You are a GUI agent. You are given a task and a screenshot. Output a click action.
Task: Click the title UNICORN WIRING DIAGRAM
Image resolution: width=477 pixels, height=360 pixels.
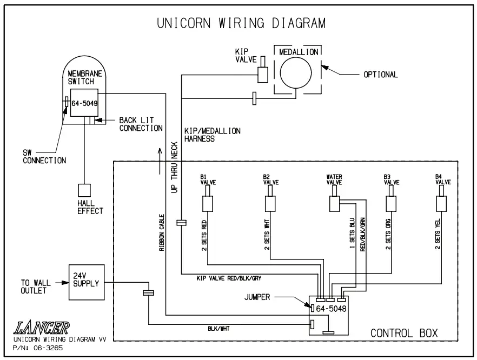(241, 23)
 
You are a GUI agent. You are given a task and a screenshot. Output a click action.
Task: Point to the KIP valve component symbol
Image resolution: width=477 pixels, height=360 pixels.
(263, 75)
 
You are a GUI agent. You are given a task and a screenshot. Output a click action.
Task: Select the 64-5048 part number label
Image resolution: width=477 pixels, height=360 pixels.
(332, 309)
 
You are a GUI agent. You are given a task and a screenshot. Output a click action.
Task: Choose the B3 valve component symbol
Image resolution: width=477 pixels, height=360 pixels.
(391, 204)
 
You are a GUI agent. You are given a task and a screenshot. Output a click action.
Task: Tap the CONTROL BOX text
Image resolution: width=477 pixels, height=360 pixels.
(403, 332)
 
